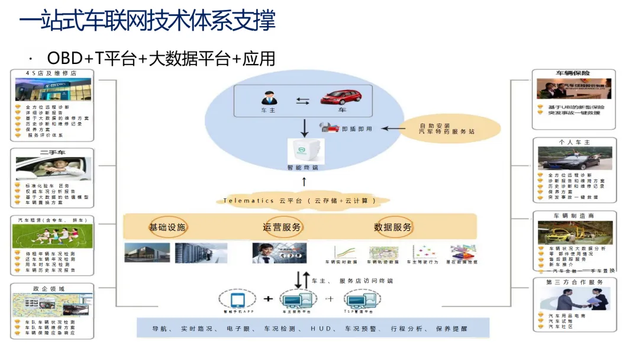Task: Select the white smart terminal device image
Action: [x=302, y=150]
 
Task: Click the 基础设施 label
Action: [x=167, y=227]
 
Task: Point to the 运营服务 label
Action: [x=282, y=227]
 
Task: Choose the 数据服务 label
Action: [x=393, y=227]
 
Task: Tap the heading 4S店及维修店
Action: [x=51, y=73]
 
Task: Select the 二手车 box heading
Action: [x=53, y=153]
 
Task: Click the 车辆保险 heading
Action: [x=572, y=73]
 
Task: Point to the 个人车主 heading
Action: [x=574, y=142]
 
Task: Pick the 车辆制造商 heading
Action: [x=574, y=216]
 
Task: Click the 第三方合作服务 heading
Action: [x=575, y=282]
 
